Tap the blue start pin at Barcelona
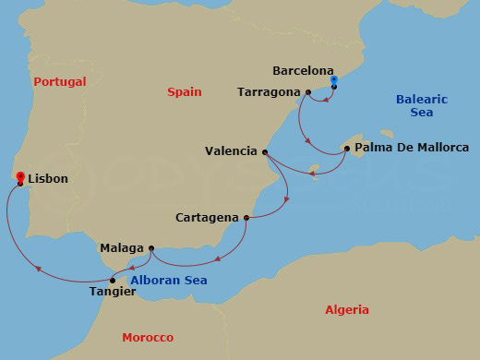pos(333,80)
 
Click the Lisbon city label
pos(48,179)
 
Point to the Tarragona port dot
pos(307,92)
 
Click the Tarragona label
pos(269,92)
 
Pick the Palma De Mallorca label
pos(413,148)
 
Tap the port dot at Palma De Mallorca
pos(346,148)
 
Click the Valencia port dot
pos(266,152)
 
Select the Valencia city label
pos(232,152)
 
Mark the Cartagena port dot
pos(246,218)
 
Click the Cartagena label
pos(208,219)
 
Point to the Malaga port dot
pos(150,247)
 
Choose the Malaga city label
pos(122,248)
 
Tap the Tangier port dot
pos(113,280)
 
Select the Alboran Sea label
pos(168,281)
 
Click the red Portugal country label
pos(60,82)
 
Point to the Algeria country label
pos(347,310)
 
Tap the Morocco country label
pos(148,338)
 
